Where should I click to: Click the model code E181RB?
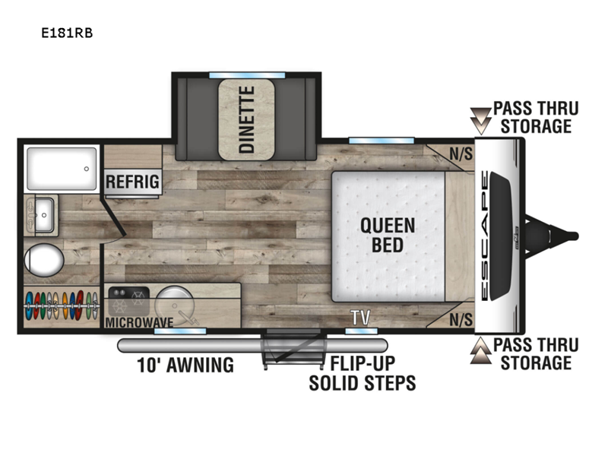[67, 33]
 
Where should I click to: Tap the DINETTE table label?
[246, 119]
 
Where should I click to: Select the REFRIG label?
[132, 182]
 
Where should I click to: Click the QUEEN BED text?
[388, 236]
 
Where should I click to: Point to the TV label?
[360, 318]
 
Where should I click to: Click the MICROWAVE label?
[139, 322]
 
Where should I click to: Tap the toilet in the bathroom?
[44, 260]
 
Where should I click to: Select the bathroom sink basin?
[44, 215]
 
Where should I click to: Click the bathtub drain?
[87, 169]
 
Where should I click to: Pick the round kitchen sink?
[174, 306]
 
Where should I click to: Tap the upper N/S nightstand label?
[461, 154]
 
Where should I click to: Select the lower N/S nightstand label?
[461, 320]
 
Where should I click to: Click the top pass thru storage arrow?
[480, 121]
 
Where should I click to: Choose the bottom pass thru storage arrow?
[480, 350]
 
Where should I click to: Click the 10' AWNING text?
[185, 365]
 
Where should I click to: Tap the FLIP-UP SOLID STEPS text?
[363, 373]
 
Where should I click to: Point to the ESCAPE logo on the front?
[485, 236]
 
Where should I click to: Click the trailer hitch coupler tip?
[576, 236]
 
